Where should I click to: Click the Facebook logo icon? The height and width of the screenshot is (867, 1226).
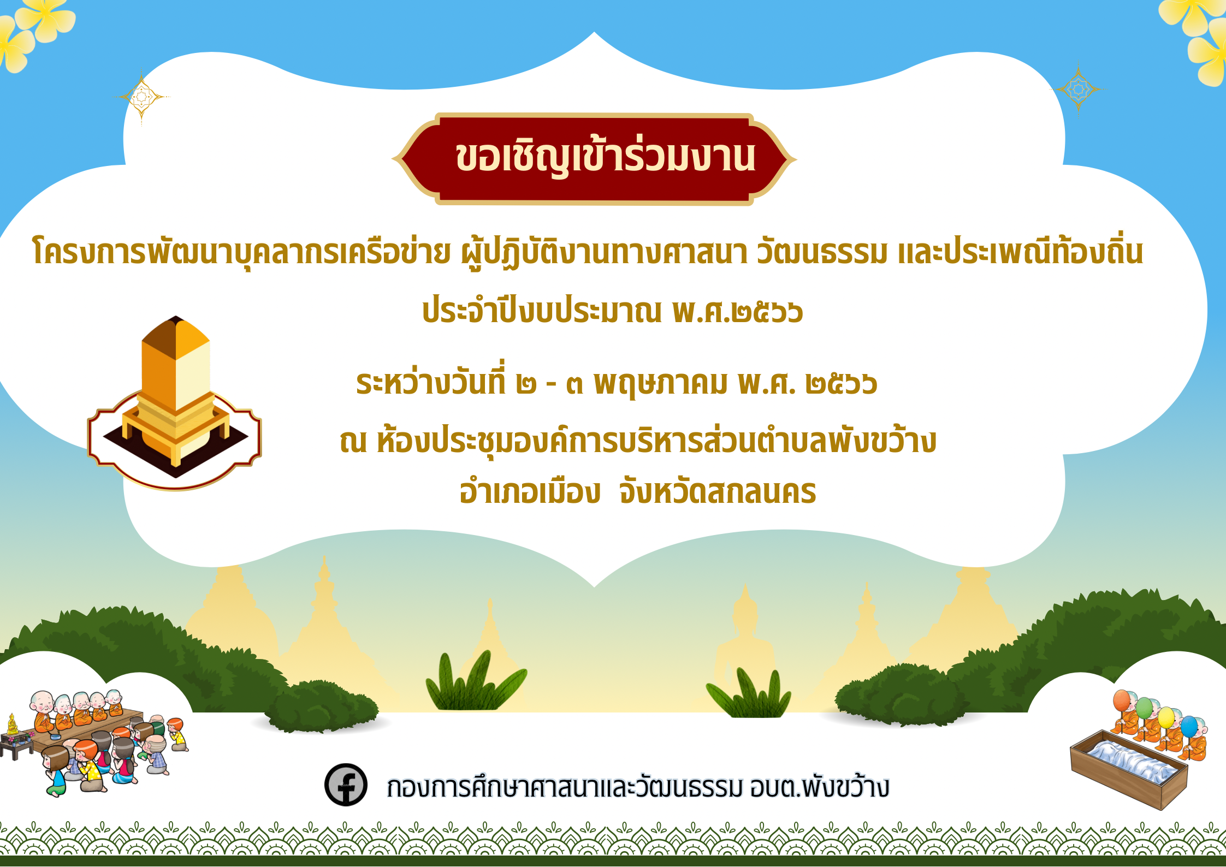[346, 785]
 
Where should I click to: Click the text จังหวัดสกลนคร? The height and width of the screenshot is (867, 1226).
[718, 491]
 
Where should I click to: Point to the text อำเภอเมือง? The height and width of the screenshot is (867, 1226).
[530, 491]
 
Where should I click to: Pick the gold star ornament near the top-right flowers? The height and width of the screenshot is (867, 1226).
[1079, 89]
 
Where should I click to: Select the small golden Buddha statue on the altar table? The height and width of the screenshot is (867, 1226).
[12, 725]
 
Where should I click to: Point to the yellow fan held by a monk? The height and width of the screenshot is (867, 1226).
[1166, 717]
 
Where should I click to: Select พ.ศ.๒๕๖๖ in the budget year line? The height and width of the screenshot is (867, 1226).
[738, 311]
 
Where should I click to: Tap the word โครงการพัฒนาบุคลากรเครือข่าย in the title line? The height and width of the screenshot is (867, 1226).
[242, 252]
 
